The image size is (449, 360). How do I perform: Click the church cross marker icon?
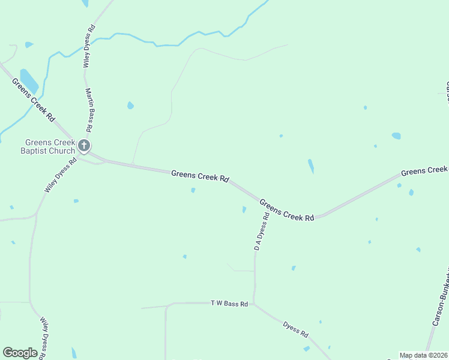(85, 145)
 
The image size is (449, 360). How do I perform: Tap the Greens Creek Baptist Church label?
(50, 146)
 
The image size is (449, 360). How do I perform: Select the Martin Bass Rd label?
(89, 110)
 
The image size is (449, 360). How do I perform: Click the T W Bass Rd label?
(229, 304)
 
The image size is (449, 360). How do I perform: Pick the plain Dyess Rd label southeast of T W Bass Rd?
(296, 328)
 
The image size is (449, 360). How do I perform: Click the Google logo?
(20, 353)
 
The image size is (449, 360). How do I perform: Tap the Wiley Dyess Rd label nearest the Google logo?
(43, 338)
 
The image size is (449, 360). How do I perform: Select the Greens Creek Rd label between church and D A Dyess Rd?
(200, 176)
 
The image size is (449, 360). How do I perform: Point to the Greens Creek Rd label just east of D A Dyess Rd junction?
(287, 210)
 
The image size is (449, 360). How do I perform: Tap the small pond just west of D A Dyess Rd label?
(244, 209)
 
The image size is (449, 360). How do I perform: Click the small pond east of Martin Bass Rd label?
(130, 106)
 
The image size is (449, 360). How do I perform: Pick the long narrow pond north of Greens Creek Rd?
(310, 166)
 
